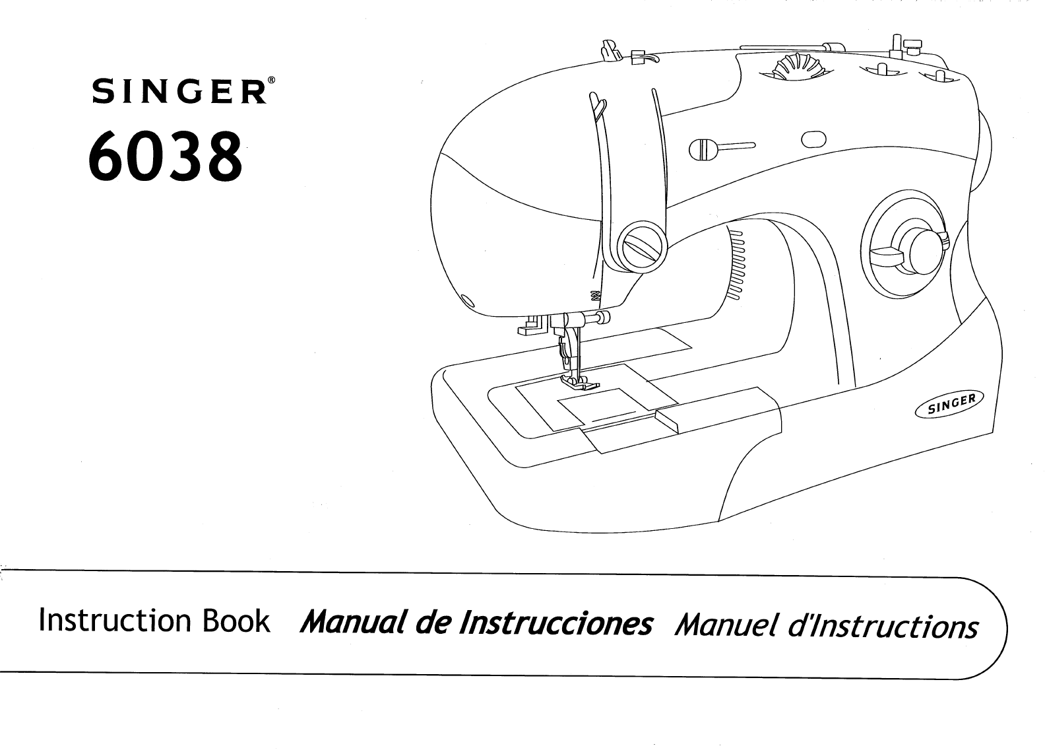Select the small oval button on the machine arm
point(813,139)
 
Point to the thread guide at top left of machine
point(608,51)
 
